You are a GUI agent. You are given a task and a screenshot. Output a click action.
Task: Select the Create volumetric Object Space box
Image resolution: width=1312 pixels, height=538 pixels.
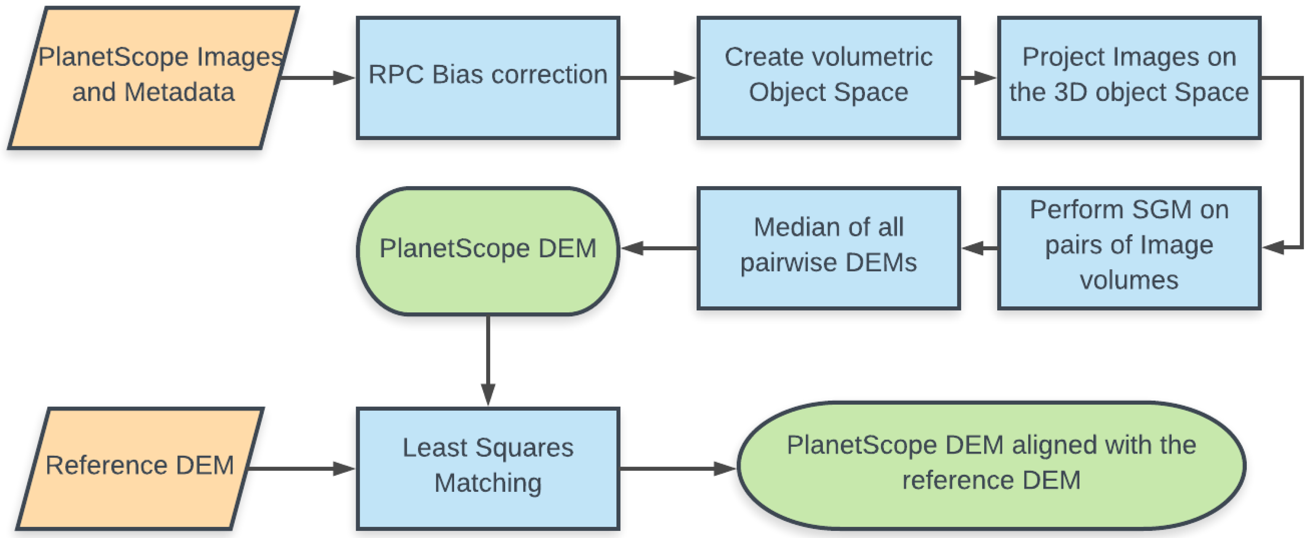(828, 78)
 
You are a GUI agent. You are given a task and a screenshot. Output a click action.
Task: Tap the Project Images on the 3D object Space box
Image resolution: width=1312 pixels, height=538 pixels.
(1129, 78)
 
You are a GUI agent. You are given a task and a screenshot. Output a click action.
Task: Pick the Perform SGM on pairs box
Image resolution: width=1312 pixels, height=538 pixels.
(1129, 248)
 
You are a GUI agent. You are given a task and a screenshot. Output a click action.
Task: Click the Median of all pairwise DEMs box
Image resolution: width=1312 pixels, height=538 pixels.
(828, 248)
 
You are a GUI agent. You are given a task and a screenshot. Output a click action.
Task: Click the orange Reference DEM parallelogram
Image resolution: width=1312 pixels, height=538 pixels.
(140, 468)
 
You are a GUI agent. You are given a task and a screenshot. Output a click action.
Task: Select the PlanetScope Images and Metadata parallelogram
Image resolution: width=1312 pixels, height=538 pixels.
(153, 78)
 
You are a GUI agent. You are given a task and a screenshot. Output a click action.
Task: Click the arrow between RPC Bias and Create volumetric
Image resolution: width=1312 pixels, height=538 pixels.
(657, 78)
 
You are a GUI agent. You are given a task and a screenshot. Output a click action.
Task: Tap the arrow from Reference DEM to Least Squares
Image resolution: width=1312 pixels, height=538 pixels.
(301, 468)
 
